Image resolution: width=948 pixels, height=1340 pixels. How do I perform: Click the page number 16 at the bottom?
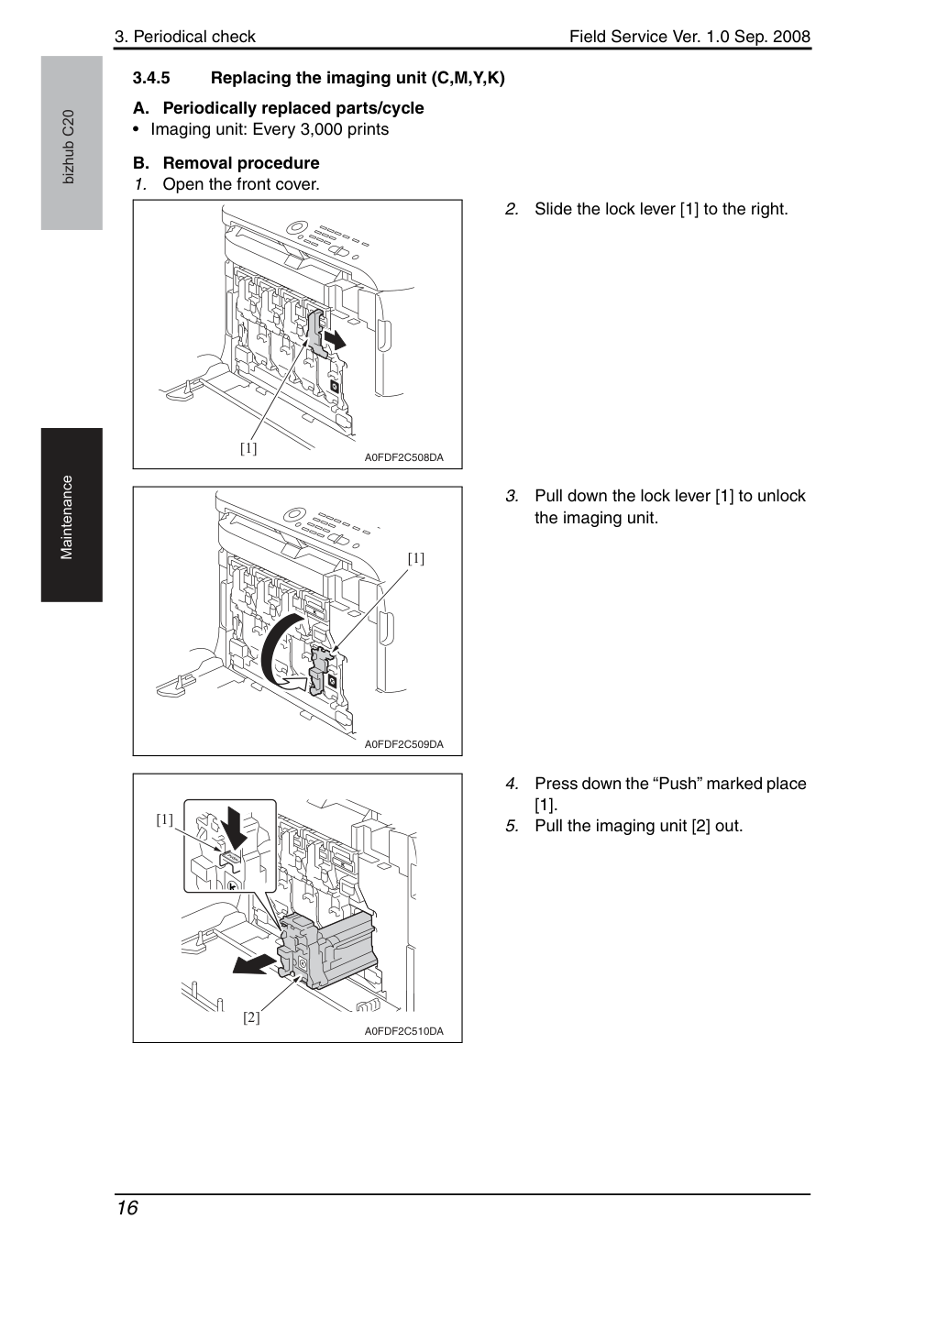click(127, 1208)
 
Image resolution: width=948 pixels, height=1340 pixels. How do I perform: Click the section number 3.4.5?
click(151, 78)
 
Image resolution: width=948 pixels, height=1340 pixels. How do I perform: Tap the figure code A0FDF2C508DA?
click(404, 457)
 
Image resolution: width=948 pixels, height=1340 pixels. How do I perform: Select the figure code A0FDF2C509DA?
click(404, 744)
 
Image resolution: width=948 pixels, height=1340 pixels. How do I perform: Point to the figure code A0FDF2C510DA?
click(404, 1031)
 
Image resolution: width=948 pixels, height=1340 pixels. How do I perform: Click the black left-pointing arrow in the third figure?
click(254, 963)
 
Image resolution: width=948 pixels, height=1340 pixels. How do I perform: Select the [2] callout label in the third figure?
click(251, 1017)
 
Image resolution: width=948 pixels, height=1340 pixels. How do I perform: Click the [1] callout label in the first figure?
click(248, 448)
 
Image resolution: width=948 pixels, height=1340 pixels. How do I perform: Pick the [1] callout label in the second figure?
click(416, 558)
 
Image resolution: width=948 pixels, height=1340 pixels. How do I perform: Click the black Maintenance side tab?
click(72, 515)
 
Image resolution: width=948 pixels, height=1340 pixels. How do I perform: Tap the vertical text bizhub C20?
click(69, 147)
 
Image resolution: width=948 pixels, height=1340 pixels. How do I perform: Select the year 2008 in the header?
click(791, 37)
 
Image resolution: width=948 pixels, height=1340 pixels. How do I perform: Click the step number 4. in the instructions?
click(512, 784)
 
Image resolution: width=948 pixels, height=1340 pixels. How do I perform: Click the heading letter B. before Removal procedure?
click(141, 163)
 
